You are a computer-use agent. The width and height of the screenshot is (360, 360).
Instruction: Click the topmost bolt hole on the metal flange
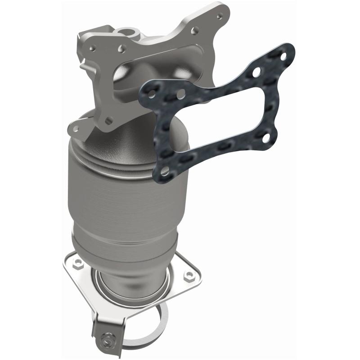(x=219, y=16)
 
